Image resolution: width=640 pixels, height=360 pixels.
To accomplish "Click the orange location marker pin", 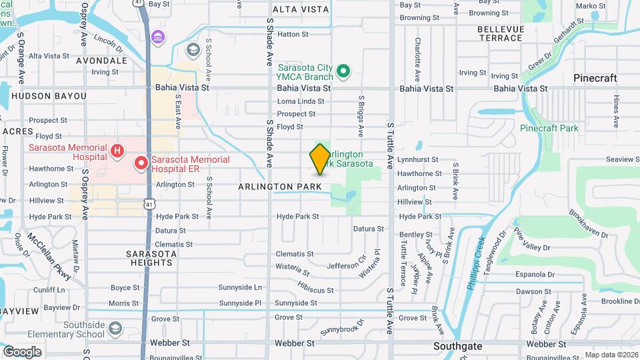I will pos(320,159).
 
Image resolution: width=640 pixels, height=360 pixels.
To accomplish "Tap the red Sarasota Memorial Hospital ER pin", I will pos(141,163).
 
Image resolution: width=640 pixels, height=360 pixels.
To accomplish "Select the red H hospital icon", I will pos(117,151).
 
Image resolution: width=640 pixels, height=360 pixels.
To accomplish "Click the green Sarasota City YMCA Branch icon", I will pos(343,71).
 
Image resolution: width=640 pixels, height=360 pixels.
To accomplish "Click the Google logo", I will pos(22,351).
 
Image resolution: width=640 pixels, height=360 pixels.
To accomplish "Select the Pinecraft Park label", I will pos(549,128).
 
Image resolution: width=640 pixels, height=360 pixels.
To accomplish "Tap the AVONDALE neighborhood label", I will pos(102,61).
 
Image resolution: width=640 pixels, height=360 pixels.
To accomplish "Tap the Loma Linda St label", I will pos(301,101).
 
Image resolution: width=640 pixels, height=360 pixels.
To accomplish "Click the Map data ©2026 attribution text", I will pos(611,355).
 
